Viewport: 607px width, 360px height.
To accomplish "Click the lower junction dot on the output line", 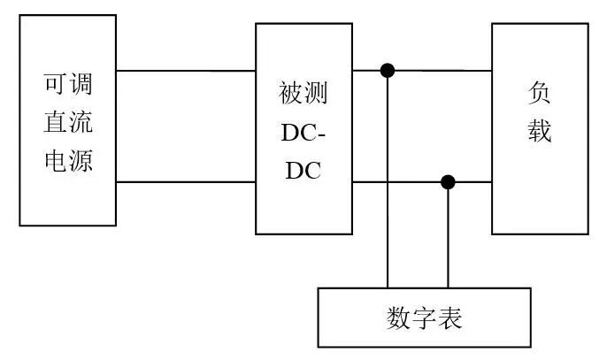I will coord(448,182).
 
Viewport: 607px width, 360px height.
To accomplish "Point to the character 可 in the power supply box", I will coord(55,86).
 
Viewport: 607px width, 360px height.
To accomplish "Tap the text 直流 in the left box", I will coord(67,124).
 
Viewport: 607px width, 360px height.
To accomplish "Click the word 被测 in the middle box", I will coord(303,93).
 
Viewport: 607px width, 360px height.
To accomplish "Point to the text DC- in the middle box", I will coord(303,132).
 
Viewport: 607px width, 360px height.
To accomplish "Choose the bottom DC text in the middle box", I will coord(303,170).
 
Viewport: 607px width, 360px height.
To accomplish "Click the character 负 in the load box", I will coord(540,93).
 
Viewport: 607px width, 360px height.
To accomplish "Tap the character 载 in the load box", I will coord(540,132).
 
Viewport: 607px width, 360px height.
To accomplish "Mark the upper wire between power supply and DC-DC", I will coord(186,71).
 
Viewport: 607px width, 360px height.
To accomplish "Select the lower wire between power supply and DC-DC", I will coord(186,182).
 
